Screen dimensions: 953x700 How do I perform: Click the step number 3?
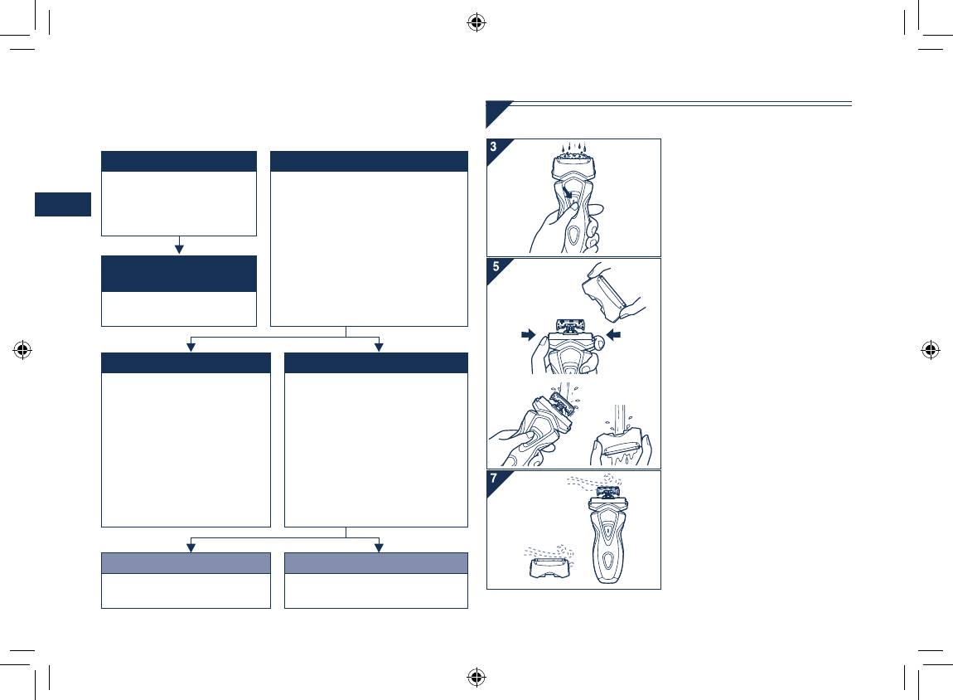click(494, 147)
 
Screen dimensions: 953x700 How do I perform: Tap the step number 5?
click(496, 266)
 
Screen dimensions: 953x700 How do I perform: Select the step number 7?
click(494, 478)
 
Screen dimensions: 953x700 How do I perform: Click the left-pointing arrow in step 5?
click(614, 334)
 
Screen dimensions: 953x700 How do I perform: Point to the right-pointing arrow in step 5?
click(528, 334)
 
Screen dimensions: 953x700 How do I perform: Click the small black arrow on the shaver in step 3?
click(567, 192)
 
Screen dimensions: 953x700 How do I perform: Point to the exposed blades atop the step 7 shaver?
click(607, 492)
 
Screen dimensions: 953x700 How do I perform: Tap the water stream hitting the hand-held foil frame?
click(619, 420)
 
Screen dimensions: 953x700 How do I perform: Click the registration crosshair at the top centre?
click(476, 23)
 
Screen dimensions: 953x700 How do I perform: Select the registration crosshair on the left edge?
click(22, 350)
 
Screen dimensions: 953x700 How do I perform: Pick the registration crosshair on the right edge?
click(930, 350)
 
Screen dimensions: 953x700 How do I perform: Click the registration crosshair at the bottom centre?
click(476, 677)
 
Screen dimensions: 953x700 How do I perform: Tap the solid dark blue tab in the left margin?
click(63, 204)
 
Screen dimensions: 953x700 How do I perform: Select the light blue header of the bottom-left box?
click(186, 563)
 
